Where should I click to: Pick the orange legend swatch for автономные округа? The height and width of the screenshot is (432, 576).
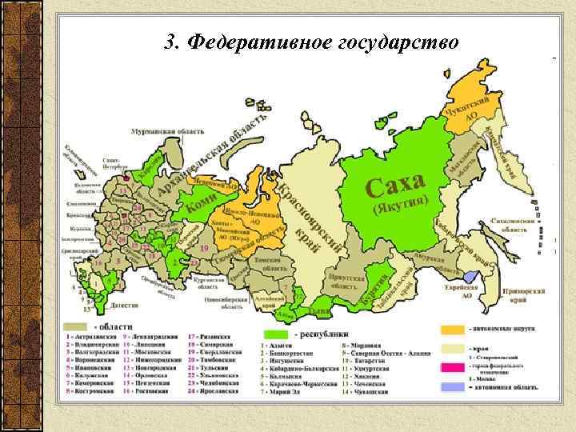[x=452, y=329]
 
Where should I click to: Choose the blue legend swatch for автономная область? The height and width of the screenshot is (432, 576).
[x=452, y=386]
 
